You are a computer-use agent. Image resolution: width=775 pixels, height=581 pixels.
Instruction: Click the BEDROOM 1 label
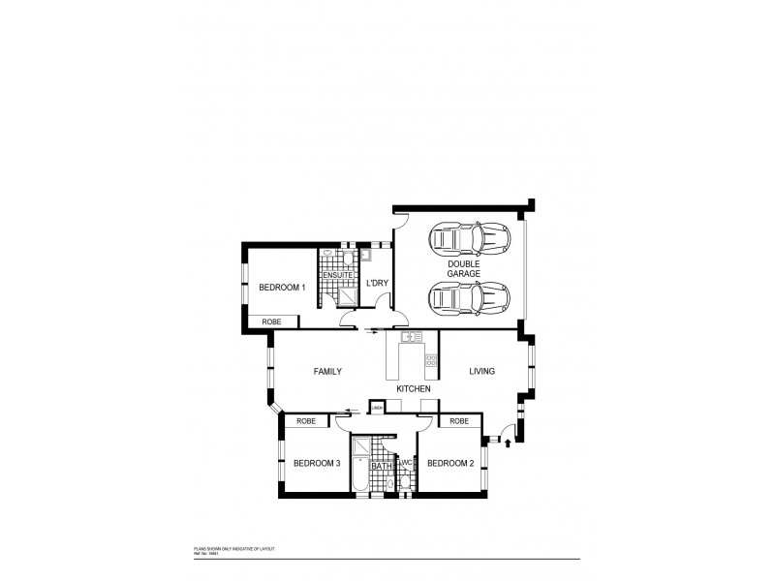pyautogui.click(x=282, y=287)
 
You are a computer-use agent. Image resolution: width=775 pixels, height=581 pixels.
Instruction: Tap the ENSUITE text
pyautogui.click(x=338, y=276)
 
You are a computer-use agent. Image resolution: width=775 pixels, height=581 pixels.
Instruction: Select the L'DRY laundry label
pyautogui.click(x=377, y=283)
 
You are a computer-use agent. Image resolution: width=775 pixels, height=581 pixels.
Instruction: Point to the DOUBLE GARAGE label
pyautogui.click(x=463, y=268)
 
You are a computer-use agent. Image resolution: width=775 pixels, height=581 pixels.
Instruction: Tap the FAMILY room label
pyautogui.click(x=326, y=371)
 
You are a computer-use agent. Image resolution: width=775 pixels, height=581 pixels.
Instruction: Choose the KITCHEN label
pyautogui.click(x=414, y=388)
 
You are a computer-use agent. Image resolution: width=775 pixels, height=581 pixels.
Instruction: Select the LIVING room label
pyautogui.click(x=482, y=371)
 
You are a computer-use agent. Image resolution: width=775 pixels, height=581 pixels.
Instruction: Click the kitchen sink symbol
pyautogui.click(x=411, y=337)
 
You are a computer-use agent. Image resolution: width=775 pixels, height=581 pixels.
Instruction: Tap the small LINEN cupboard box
pyautogui.click(x=376, y=409)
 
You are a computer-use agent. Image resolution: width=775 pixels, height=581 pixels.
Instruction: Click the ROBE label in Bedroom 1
pyautogui.click(x=271, y=321)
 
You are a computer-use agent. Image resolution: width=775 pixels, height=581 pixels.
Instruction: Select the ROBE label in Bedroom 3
pyautogui.click(x=306, y=421)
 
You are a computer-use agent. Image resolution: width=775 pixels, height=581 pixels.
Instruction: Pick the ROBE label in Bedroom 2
pyautogui.click(x=459, y=421)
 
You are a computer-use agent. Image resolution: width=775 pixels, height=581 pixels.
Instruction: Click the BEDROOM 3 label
pyautogui.click(x=317, y=463)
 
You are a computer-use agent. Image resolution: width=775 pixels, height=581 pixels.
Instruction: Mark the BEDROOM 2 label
pyautogui.click(x=450, y=463)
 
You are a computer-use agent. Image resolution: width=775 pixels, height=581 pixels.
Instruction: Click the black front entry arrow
pyautogui.click(x=508, y=443)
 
